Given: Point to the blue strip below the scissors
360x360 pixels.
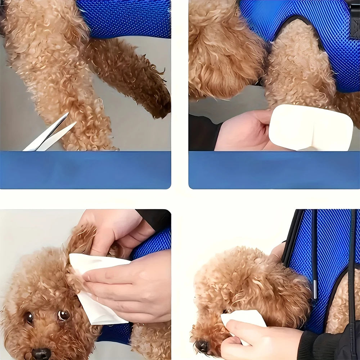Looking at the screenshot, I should tap(85, 169).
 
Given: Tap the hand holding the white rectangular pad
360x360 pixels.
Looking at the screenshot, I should tap(245, 131).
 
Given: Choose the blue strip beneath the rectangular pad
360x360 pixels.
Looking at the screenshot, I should tap(274, 169).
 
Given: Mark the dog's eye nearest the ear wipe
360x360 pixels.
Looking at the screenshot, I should tap(63, 315).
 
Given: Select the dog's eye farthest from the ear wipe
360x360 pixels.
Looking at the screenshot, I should tap(29, 318).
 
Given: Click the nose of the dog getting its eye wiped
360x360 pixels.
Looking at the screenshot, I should tap(202, 346).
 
